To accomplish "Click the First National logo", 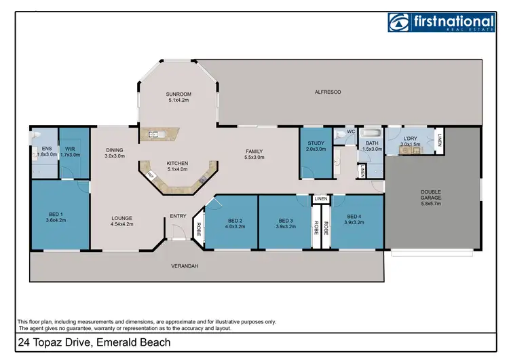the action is pyautogui.click(x=442, y=22).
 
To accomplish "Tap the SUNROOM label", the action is pyautogui.click(x=178, y=94).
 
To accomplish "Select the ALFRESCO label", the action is pyautogui.click(x=328, y=92).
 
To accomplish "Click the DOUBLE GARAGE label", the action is pyautogui.click(x=431, y=195).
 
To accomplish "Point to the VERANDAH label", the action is pyautogui.click(x=185, y=266).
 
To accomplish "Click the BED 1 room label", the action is pyautogui.click(x=56, y=215).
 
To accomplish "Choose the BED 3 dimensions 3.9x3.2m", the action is pyautogui.click(x=286, y=226).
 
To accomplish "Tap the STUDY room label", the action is pyautogui.click(x=316, y=143).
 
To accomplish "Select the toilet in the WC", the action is pyautogui.click(x=341, y=134).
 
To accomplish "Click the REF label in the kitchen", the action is pyautogui.click(x=151, y=175).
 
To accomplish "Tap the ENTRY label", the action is pyautogui.click(x=178, y=216).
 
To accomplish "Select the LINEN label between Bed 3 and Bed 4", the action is pyautogui.click(x=321, y=198).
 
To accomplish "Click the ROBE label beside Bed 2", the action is pyautogui.click(x=199, y=229).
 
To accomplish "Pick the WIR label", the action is pyautogui.click(x=70, y=149).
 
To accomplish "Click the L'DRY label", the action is pyautogui.click(x=411, y=139).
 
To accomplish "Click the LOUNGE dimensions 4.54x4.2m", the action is pyautogui.click(x=122, y=224).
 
